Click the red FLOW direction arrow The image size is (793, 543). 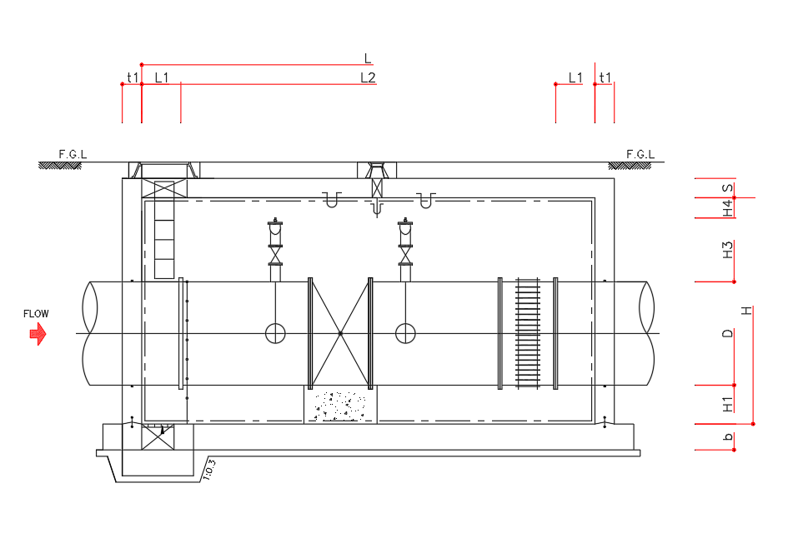pos(38,334)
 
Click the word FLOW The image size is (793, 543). pos(36,314)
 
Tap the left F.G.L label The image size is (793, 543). pos(73,154)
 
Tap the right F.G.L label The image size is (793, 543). pos(640,154)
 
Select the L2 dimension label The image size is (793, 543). pos(369,77)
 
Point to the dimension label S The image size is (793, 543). pos(728,188)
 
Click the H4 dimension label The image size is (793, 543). pos(728,208)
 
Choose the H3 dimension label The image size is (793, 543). pos(728,250)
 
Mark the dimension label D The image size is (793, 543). pos(728,333)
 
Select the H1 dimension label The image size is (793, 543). pos(728,404)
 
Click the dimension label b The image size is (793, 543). pos(728,436)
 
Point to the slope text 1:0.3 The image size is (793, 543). pos(209,469)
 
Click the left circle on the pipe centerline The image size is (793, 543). pos(276,333)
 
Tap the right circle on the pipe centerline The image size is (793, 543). pos(405,333)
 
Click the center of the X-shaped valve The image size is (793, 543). pos(340,333)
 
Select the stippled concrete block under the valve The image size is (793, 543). pos(340,405)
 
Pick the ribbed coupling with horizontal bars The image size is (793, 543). pos(528,333)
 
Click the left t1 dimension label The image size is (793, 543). pos(133,77)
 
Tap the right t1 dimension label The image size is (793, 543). pos(605,77)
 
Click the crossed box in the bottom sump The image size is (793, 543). pos(158,437)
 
